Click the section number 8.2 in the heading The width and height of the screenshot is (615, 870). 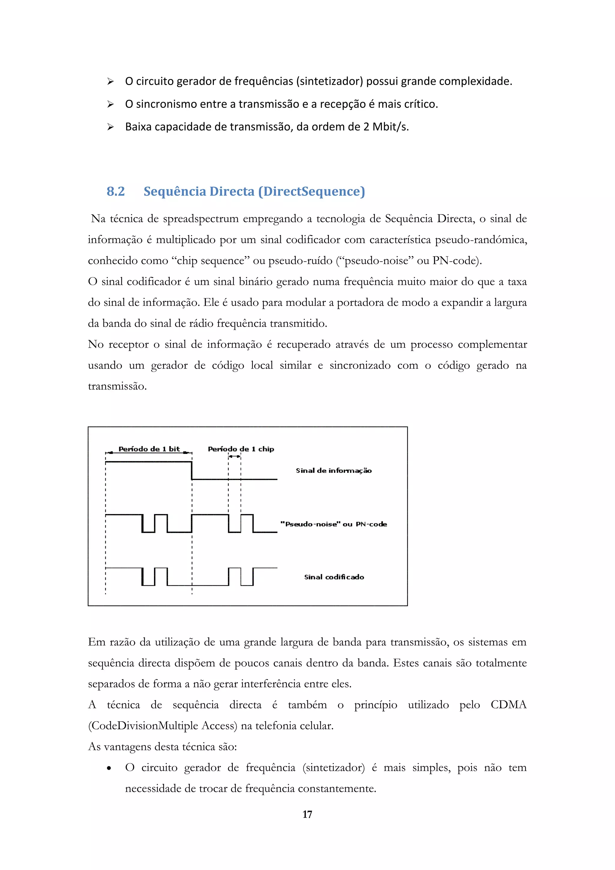(116, 191)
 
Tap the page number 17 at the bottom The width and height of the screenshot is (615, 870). (307, 814)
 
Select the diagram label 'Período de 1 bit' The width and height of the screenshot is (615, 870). (149, 449)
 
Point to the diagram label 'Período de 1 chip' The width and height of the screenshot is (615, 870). (241, 449)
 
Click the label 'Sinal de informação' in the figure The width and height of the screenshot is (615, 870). (334, 471)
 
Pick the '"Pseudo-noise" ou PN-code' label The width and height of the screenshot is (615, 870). (334, 524)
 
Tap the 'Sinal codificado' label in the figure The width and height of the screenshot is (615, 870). (334, 577)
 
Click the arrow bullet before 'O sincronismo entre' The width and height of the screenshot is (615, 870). (110, 104)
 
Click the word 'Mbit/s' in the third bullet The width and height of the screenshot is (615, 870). (390, 127)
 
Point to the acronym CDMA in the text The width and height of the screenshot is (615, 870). (508, 705)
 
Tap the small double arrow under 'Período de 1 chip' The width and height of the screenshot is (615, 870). (235, 457)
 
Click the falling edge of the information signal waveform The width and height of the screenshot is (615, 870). (192, 471)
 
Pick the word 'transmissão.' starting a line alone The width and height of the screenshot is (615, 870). (117, 387)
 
